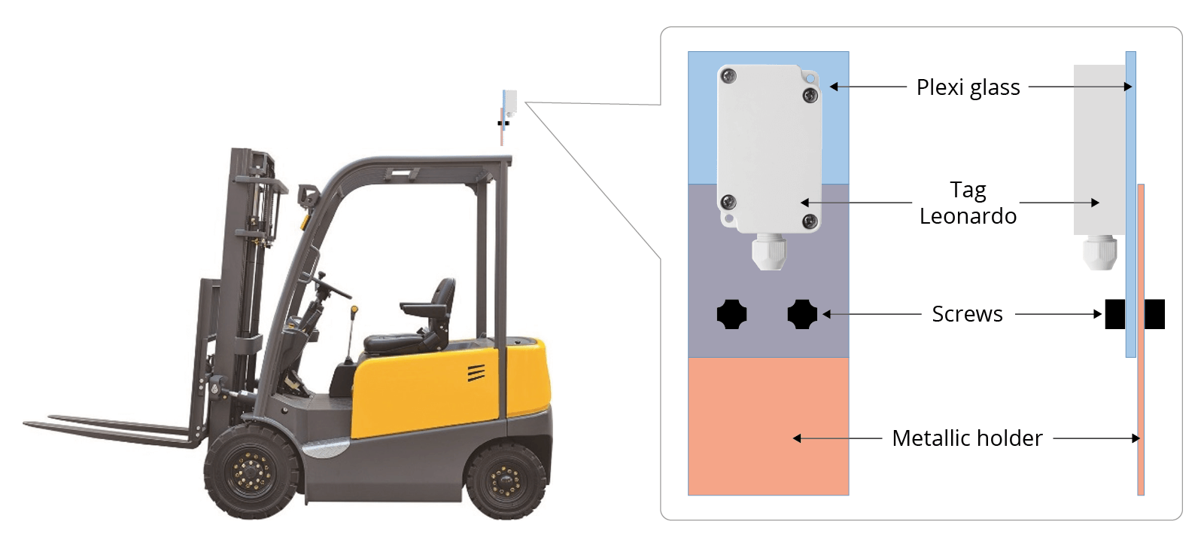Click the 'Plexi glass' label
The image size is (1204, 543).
968,87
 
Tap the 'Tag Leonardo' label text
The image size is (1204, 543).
968,203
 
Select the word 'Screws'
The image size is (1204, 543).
968,314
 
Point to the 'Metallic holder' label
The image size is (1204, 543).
968,438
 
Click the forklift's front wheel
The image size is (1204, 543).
251,472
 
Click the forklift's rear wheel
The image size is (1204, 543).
504,480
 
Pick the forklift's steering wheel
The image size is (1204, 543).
331,285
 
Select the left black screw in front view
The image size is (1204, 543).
731,314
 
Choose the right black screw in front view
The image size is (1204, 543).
802,314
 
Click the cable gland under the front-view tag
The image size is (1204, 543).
768,252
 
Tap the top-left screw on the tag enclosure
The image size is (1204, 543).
728,76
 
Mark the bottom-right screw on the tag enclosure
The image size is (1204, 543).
810,221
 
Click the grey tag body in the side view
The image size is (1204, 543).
1099,150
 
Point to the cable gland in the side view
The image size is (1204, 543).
1099,252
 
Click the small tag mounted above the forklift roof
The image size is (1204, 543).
510,102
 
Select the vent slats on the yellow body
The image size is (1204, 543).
476,373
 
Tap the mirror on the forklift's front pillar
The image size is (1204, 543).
308,196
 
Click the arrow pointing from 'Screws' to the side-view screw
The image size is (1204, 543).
1058,314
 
